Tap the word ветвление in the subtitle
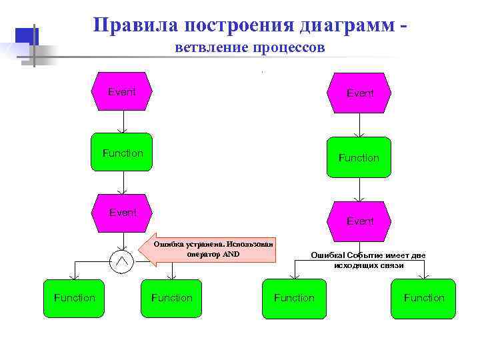(x=211, y=48)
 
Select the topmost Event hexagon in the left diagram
(x=123, y=92)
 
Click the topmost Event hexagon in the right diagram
(x=360, y=93)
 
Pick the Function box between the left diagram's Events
(x=123, y=153)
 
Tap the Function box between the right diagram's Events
(x=359, y=158)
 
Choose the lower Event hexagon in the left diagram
(x=123, y=213)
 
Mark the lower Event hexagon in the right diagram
(x=360, y=221)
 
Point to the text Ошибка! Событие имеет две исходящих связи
(x=368, y=260)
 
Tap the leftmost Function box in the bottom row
(x=75, y=298)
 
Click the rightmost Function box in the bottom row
(x=424, y=298)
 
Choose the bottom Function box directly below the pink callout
(x=172, y=298)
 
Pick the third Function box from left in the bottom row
(x=294, y=298)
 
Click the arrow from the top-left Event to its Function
(x=123, y=123)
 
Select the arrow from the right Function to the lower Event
(x=360, y=189)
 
